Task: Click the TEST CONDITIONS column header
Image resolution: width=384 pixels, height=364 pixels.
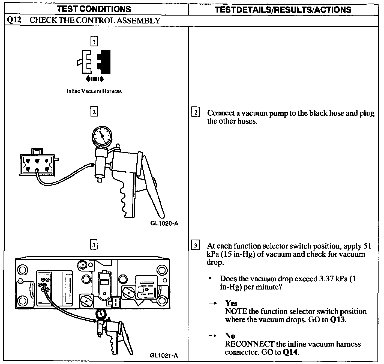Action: click(94, 9)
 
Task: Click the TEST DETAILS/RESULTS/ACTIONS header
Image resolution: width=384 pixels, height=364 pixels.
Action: click(283, 10)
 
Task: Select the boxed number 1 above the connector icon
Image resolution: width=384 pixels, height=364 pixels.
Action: click(94, 41)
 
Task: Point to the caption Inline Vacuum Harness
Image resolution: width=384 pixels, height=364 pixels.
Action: click(94, 91)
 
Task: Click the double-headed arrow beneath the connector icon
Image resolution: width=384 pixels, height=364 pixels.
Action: click(94, 79)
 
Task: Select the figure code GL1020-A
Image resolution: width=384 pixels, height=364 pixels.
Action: click(164, 223)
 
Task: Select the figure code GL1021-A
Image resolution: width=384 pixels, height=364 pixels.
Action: click(164, 356)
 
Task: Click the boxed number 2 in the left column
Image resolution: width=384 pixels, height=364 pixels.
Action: click(94, 112)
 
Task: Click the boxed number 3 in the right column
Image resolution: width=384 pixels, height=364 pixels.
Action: click(196, 245)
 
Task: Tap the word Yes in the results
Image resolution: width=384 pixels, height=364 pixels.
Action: click(231, 303)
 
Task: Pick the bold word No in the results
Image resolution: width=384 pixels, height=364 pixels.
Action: click(230, 336)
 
